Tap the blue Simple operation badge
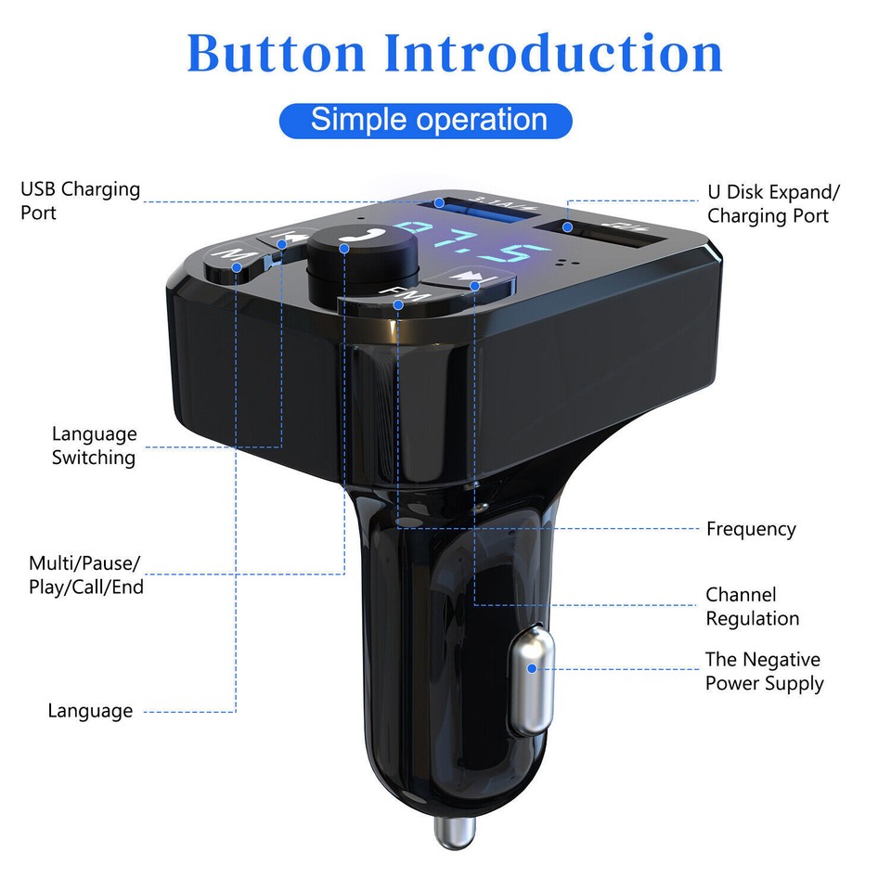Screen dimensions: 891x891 click(x=427, y=120)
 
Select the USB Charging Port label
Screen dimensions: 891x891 click(x=80, y=200)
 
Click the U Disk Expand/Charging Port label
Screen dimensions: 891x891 click(x=773, y=204)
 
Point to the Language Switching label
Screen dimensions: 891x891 click(x=94, y=445)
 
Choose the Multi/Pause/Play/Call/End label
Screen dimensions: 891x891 click(x=85, y=575)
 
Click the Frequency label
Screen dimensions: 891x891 click(x=751, y=529)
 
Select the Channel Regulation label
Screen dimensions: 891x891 click(x=752, y=607)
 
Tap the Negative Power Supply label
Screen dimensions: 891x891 click(x=764, y=672)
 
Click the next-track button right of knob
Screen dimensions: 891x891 click(x=474, y=279)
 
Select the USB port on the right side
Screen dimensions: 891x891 click(x=614, y=238)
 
